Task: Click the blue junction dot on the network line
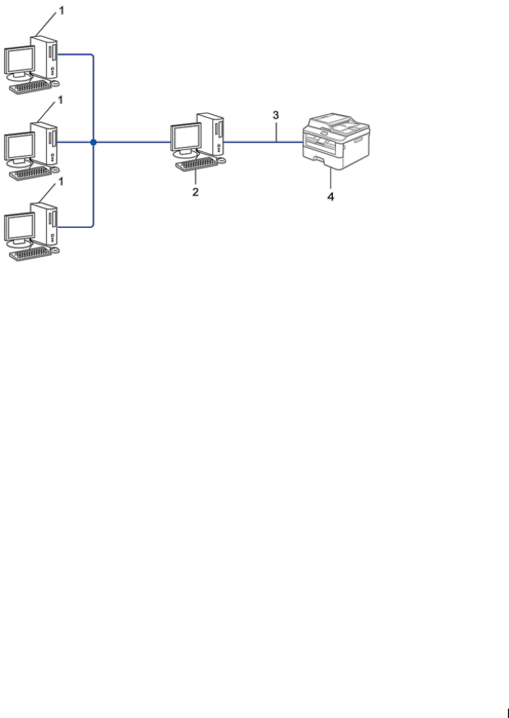coord(93,142)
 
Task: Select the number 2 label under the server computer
coord(195,191)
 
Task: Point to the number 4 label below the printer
coord(331,196)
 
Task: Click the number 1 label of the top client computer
coord(61,10)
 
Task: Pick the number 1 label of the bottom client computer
coord(61,181)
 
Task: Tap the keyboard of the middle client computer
coord(30,172)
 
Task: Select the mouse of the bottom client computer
coord(55,251)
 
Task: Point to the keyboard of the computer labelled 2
coord(196,164)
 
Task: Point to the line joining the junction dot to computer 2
coord(133,142)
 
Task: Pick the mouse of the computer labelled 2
coord(222,160)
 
